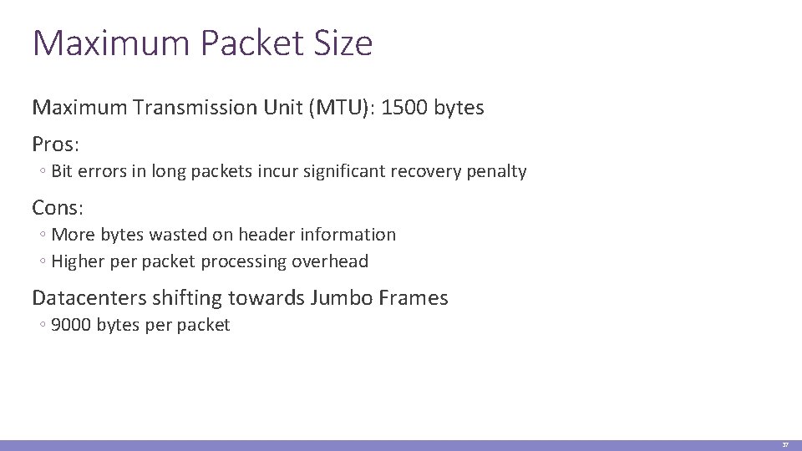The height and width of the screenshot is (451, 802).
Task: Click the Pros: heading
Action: point(56,144)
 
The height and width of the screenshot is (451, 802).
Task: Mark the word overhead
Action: point(330,261)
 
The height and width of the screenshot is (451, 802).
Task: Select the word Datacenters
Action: point(85,298)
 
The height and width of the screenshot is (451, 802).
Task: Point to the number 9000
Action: point(72,325)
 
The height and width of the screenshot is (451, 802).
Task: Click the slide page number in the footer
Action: point(785,445)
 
